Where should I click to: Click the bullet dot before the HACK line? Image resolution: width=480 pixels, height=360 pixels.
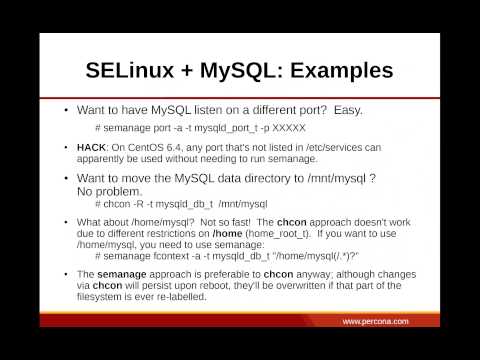point(66,148)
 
